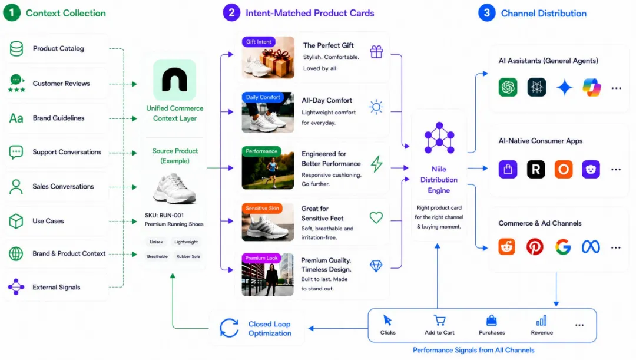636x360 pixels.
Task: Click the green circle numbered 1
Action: coord(12,13)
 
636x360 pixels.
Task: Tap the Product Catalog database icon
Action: coord(16,49)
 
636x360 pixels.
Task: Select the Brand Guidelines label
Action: coord(58,118)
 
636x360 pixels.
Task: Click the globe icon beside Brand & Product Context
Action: coord(16,254)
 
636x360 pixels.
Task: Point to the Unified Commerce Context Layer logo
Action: coord(174,80)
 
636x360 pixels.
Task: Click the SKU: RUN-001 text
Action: coord(164,216)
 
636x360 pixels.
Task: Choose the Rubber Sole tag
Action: coord(188,256)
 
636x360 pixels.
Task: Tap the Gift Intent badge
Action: coord(259,42)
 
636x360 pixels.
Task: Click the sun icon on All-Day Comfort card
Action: coord(376,107)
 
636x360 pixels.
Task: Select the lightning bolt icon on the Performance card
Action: coord(376,164)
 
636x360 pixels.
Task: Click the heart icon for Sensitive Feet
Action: coord(376,217)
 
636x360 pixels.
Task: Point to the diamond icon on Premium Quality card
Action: coord(376,266)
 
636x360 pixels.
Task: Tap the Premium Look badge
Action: coord(261,258)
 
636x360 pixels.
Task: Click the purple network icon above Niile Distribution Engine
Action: coord(439,138)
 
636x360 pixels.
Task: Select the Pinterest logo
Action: coord(535,247)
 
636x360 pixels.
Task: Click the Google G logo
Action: coord(563,247)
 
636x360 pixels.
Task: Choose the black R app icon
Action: coord(536,169)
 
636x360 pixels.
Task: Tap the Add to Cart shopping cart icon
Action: coord(439,321)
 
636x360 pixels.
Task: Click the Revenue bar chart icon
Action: coord(542,321)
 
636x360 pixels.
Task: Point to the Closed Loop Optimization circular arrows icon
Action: coord(229,328)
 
